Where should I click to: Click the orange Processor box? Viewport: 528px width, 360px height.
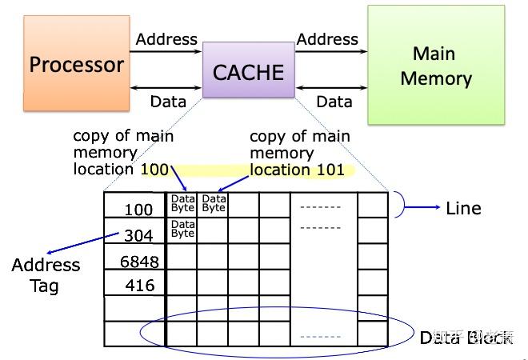[76, 64]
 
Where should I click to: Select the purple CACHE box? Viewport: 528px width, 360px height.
[248, 72]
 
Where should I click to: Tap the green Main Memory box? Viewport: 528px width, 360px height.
[436, 66]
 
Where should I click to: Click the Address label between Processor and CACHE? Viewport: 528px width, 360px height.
[166, 39]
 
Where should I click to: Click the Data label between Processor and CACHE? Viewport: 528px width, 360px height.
[168, 102]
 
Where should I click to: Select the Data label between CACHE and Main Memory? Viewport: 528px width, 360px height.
[334, 102]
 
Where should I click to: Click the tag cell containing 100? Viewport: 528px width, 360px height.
[136, 210]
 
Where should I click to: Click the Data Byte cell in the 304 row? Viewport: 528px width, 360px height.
[182, 230]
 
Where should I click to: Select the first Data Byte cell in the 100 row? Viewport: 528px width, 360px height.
[182, 203]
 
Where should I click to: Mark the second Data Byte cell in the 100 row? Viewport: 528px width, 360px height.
[214, 203]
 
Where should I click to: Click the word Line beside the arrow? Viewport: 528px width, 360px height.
[463, 208]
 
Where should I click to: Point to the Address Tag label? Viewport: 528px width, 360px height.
[46, 274]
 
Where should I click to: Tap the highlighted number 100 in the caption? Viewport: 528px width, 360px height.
[154, 169]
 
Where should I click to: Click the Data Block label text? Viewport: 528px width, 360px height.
[466, 338]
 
